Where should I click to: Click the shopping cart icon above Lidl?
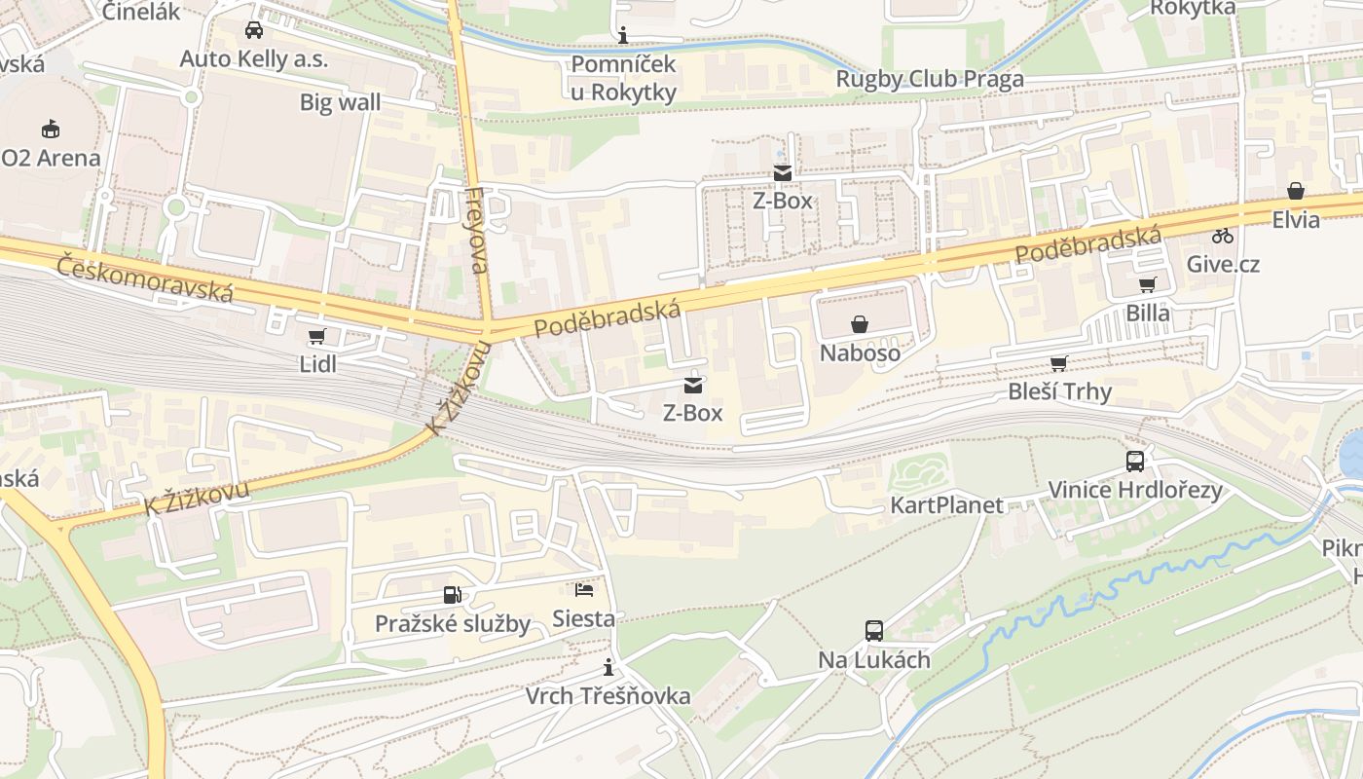(x=315, y=337)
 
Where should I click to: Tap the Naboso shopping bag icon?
(x=860, y=324)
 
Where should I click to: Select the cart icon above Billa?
(x=1148, y=285)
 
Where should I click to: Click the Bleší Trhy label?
(x=1059, y=392)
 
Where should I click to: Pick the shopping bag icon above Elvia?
(x=1296, y=191)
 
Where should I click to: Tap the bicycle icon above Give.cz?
(x=1223, y=236)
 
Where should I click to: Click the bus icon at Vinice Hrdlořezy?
(x=1135, y=462)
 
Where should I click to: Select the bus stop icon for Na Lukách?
(x=874, y=631)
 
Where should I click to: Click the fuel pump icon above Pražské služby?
(x=453, y=595)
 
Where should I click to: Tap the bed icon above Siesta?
(x=583, y=590)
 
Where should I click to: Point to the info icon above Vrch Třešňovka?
(x=608, y=667)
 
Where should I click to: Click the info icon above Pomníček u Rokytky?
(x=623, y=36)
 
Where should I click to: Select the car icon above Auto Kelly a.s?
(x=254, y=30)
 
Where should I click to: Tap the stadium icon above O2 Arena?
(x=51, y=129)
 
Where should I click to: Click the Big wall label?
(x=340, y=102)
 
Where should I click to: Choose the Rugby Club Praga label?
(x=930, y=79)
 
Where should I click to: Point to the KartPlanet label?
(x=946, y=505)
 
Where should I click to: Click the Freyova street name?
(x=477, y=231)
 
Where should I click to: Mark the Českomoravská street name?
(x=145, y=278)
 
